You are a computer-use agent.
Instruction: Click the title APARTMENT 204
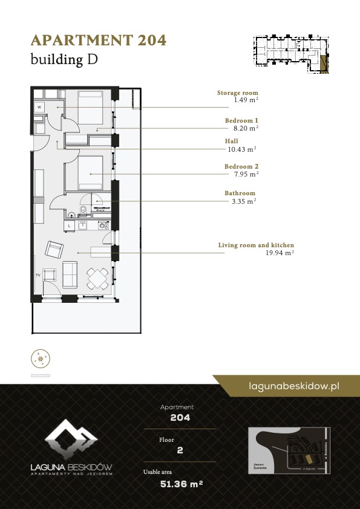98,41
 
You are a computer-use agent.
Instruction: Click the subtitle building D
64,59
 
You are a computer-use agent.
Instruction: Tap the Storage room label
237,93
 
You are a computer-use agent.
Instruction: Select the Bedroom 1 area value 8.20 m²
246,128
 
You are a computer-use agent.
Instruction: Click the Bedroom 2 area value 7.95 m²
246,173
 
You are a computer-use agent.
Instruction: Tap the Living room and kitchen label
256,245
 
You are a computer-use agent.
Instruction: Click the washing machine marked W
39,107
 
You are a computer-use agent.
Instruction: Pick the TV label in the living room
38,274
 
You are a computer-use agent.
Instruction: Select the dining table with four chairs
98,279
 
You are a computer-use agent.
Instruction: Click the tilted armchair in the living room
54,249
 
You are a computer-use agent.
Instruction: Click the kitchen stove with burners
103,225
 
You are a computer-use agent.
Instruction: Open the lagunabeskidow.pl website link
293,385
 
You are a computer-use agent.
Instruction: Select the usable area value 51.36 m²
180,484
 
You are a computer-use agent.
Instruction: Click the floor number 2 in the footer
180,450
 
